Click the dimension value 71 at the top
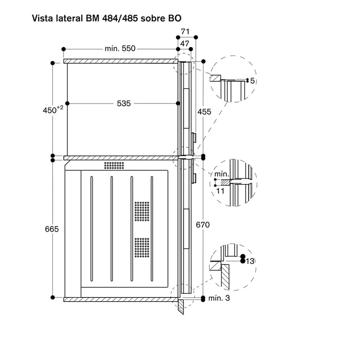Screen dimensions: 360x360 (x=185, y=31)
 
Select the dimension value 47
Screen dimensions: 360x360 (x=184, y=44)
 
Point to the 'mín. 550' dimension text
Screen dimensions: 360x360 (x=120, y=49)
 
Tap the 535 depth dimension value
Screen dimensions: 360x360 (x=124, y=103)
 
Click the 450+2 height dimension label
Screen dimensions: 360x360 (x=53, y=110)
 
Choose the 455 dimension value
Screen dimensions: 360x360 (x=204, y=112)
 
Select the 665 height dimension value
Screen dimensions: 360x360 (x=52, y=229)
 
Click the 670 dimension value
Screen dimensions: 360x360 (x=203, y=225)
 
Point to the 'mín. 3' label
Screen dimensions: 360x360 (x=219, y=298)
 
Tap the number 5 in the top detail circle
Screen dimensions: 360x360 (x=252, y=81)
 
